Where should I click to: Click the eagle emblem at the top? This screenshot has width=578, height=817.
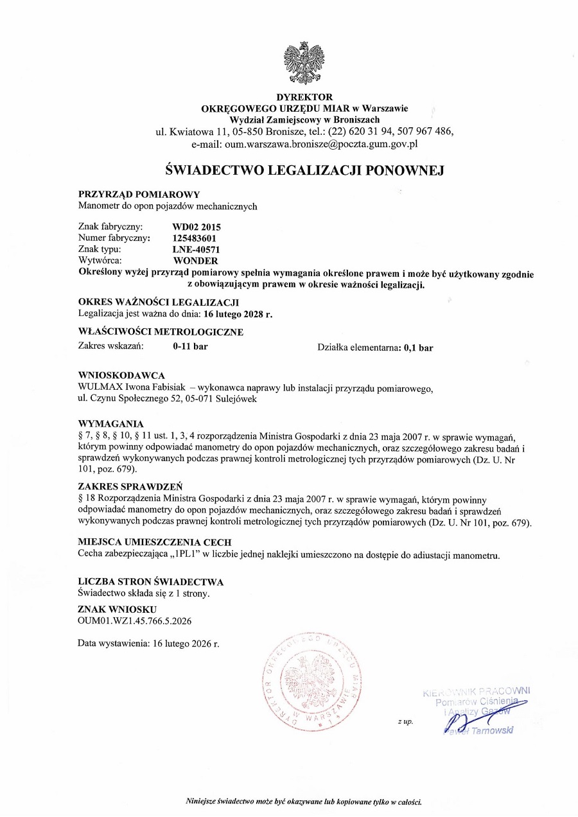click(305, 61)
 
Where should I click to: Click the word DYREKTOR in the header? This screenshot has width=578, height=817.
click(304, 97)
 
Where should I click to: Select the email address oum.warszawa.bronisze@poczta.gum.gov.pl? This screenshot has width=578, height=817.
click(322, 145)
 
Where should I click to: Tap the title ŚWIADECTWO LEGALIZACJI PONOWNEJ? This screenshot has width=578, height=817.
click(305, 170)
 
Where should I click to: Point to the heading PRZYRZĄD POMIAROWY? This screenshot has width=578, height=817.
click(139, 194)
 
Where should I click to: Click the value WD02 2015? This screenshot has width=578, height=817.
click(197, 227)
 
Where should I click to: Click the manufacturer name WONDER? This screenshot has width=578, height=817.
click(196, 261)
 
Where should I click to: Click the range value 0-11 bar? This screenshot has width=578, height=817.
click(190, 347)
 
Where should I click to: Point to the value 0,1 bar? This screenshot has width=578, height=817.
click(418, 347)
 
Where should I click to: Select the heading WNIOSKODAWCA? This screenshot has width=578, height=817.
click(121, 375)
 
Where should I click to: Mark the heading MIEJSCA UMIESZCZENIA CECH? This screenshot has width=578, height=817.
click(154, 542)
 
